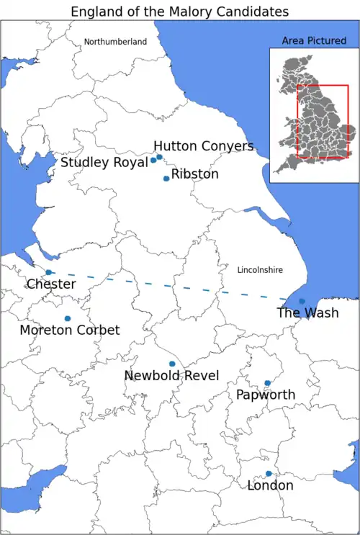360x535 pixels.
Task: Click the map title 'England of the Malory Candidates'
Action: click(x=179, y=12)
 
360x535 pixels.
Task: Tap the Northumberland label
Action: click(x=115, y=42)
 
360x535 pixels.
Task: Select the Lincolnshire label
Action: click(x=260, y=270)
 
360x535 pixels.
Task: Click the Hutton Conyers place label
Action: click(x=204, y=146)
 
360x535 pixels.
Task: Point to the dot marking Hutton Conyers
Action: click(x=160, y=157)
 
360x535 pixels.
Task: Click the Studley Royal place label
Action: click(x=104, y=163)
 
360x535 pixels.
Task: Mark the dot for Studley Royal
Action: click(x=153, y=161)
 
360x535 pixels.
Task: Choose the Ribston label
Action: click(x=195, y=174)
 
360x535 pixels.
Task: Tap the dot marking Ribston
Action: click(x=166, y=179)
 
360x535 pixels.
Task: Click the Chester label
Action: click(x=51, y=284)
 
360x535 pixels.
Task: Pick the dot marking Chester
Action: click(x=49, y=272)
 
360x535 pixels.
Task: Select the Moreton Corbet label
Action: click(x=70, y=330)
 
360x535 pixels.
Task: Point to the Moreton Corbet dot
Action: click(x=68, y=318)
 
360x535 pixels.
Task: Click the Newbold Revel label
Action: click(x=171, y=376)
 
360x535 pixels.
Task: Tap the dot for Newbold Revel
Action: click(x=172, y=364)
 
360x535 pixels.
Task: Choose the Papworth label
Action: click(x=266, y=395)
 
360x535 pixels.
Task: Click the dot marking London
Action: click(x=269, y=473)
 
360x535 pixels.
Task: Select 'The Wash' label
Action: click(x=307, y=313)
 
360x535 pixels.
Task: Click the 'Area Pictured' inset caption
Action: click(x=314, y=41)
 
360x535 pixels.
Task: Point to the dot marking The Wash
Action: click(x=302, y=301)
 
